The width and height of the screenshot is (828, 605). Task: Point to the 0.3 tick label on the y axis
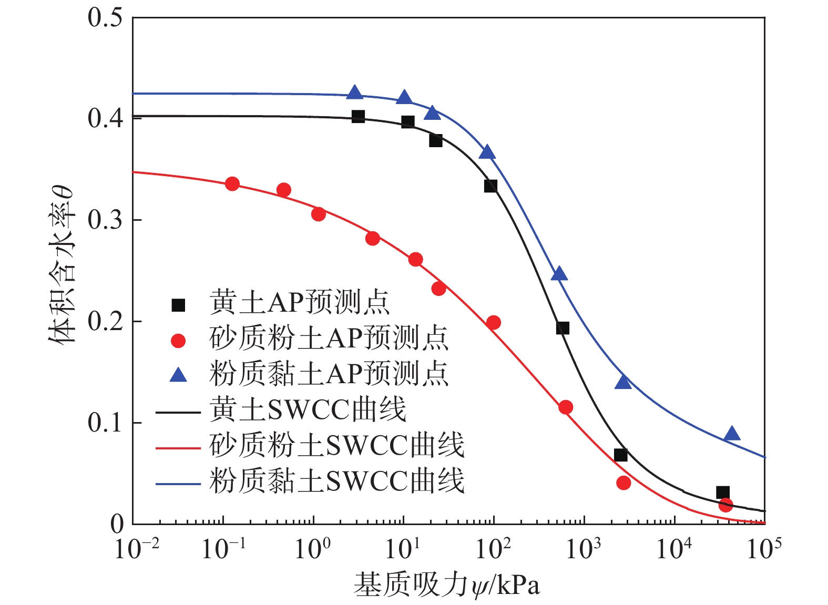tap(105, 220)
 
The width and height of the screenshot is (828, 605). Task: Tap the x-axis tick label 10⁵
tap(763, 549)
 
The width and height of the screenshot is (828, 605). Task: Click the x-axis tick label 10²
tap(493, 549)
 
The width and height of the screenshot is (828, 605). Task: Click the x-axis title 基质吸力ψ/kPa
tap(447, 585)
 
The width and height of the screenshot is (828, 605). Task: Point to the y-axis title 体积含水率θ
tap(63, 265)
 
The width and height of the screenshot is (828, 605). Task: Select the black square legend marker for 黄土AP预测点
tap(179, 305)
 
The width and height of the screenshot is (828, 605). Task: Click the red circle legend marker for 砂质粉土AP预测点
tap(179, 341)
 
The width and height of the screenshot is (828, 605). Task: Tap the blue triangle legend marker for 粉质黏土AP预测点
tap(179, 375)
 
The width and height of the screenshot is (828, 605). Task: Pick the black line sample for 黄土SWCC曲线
tap(178, 412)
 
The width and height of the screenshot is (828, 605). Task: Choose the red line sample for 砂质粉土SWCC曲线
tap(178, 448)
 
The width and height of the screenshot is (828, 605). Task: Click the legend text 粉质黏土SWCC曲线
tap(336, 481)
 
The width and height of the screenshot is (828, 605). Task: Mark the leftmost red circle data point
tap(232, 184)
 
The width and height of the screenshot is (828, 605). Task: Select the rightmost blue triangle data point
tap(732, 434)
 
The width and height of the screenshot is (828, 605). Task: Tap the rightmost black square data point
tap(723, 493)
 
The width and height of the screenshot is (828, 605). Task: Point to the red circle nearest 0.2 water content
tap(493, 322)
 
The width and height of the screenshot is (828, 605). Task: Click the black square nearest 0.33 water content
tap(490, 186)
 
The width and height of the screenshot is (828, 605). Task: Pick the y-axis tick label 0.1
tap(105, 423)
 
